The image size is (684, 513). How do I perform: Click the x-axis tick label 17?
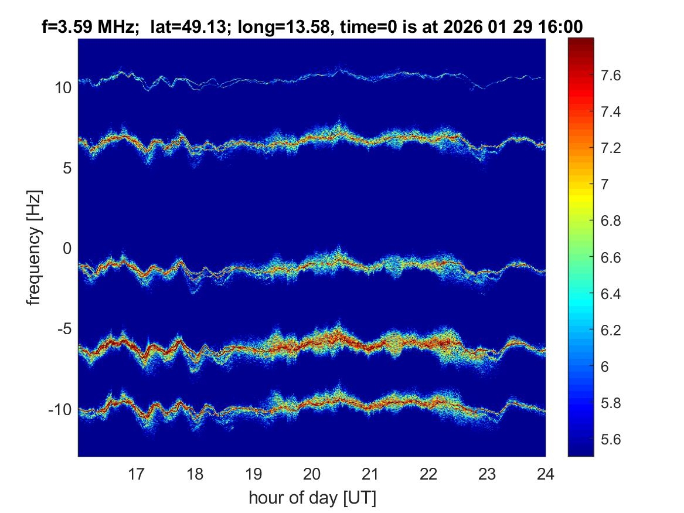tap(137, 473)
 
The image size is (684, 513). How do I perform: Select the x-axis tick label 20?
tap(312, 473)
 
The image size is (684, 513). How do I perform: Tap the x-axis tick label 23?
tap(487, 473)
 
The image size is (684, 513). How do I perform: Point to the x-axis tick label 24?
tap(545, 473)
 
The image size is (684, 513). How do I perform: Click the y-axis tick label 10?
tap(63, 88)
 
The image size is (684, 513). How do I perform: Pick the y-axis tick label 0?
tap(67, 249)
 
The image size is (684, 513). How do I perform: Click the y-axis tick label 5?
tap(67, 168)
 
